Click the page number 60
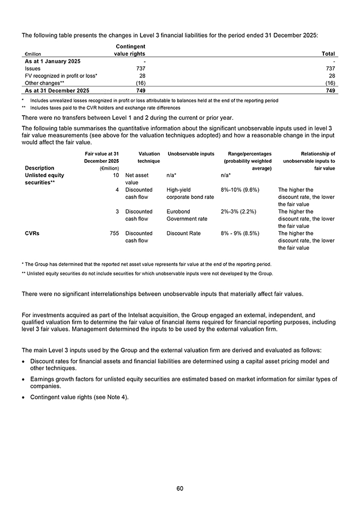tap(180, 488)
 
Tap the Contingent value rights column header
tap(130, 50)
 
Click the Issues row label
tap(33, 68)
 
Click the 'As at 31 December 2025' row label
tap(57, 91)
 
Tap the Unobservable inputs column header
tap(190, 154)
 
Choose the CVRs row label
tap(32, 233)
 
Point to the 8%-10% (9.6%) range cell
tap(240, 189)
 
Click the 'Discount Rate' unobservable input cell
tap(183, 233)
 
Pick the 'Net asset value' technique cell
tap(137, 178)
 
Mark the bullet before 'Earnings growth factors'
tap(24, 379)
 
